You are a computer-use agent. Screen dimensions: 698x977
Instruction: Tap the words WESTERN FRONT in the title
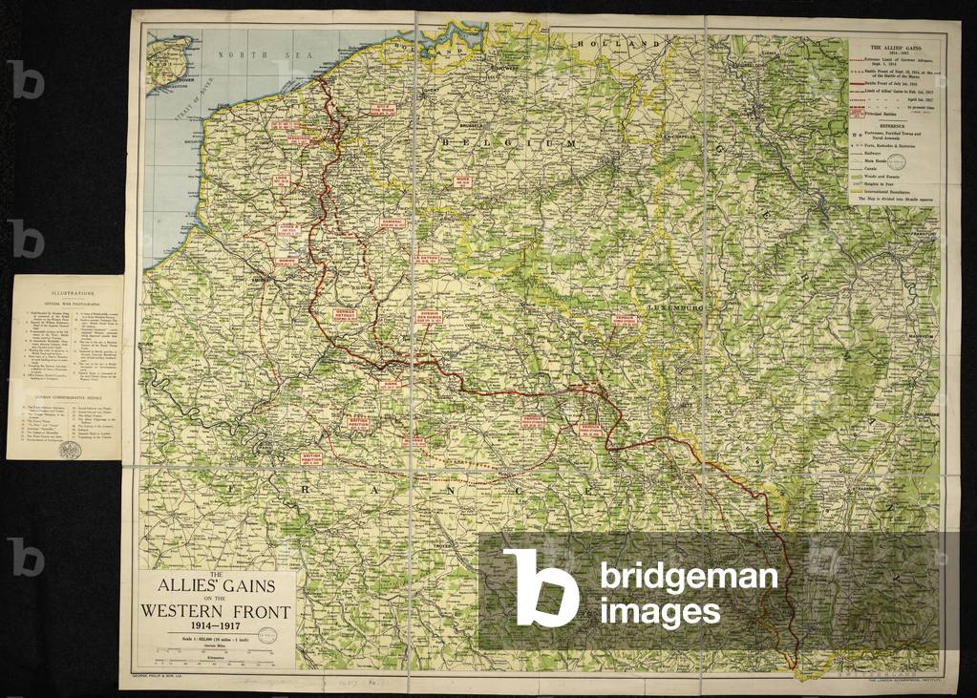point(219,611)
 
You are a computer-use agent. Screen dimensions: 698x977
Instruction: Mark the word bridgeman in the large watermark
point(689,577)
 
